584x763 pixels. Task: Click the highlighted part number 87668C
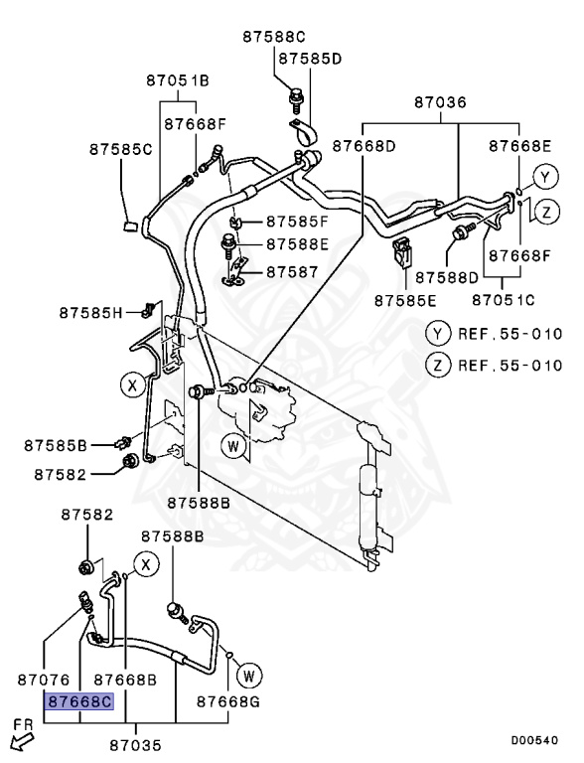click(80, 701)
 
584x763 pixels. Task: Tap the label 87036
click(440, 102)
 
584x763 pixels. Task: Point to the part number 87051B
click(178, 80)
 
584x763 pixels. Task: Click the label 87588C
click(274, 37)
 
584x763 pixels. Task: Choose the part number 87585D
click(310, 59)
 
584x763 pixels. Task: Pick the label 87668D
click(364, 146)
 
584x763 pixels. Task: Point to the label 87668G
click(227, 701)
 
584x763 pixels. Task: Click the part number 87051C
click(503, 299)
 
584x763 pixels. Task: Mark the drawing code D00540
click(535, 740)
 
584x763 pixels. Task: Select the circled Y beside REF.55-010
click(437, 334)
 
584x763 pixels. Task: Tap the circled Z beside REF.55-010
click(437, 365)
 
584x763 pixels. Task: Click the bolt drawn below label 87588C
click(294, 97)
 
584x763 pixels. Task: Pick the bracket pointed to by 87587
click(235, 271)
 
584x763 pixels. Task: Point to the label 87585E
click(405, 299)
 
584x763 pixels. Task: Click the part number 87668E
click(519, 146)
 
